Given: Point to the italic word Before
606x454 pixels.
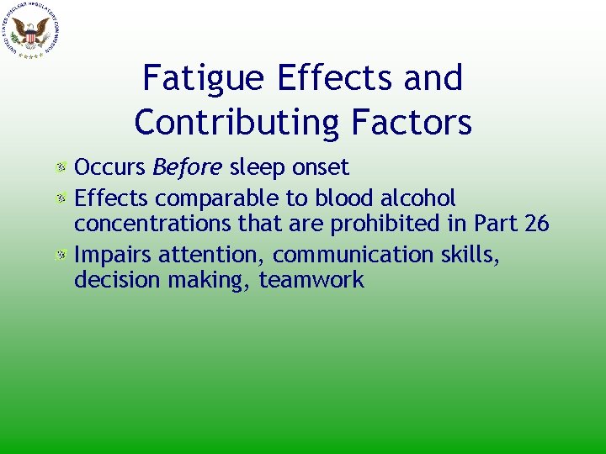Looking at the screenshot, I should (x=187, y=168).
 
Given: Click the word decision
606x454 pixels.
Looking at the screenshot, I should (x=115, y=280).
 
